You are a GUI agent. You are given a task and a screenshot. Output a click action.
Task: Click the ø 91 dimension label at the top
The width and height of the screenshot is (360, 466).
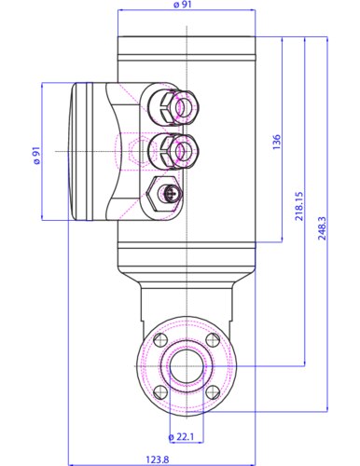[183, 5]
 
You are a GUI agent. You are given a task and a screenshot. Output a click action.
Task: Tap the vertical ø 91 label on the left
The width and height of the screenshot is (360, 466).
[36, 156]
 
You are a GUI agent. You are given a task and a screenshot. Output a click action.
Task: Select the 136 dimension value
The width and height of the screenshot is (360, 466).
[276, 142]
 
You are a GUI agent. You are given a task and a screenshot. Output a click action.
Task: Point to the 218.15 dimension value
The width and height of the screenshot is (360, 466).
[299, 206]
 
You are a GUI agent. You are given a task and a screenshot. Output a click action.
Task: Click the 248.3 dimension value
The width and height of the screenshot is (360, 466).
[322, 228]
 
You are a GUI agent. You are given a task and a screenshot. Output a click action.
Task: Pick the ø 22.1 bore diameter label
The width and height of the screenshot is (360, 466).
[181, 437]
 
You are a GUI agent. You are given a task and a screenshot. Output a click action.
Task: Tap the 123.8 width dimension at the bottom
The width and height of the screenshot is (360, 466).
[158, 459]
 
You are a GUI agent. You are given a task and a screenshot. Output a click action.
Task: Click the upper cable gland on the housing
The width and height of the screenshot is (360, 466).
[173, 106]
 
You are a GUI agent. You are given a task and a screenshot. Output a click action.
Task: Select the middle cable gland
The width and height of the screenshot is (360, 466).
[173, 151]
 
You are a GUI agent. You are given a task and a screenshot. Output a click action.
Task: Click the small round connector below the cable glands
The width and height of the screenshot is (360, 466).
[170, 194]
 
